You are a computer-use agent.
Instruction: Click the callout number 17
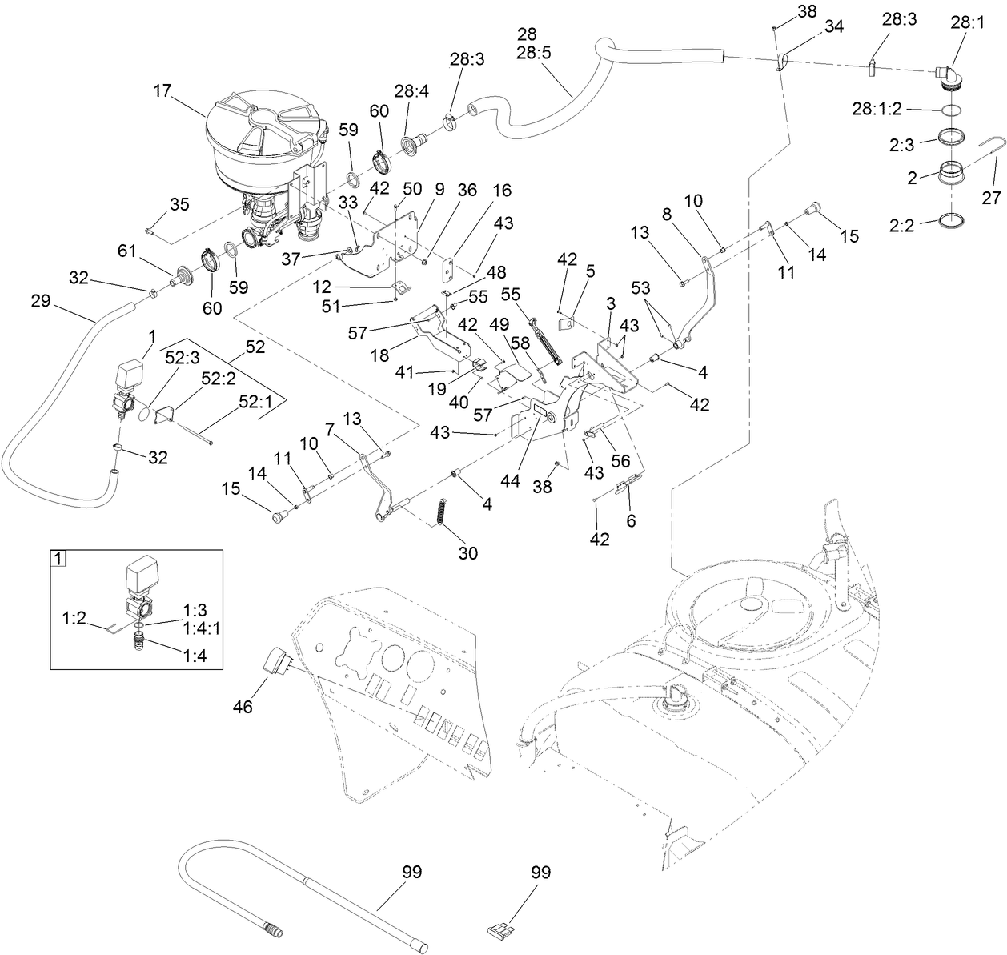click(x=162, y=91)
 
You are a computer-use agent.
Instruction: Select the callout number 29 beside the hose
click(x=41, y=302)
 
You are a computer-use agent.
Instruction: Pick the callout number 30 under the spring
click(x=468, y=552)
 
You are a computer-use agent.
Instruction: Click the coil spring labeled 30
click(x=439, y=511)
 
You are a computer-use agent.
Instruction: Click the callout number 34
click(x=833, y=27)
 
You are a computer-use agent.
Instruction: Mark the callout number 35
click(x=179, y=204)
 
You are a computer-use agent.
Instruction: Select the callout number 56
click(x=621, y=461)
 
